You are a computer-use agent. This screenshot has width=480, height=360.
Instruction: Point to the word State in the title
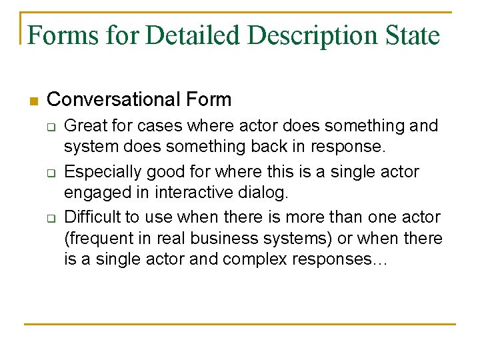(x=413, y=35)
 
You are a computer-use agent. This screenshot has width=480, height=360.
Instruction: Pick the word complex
(x=251, y=259)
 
